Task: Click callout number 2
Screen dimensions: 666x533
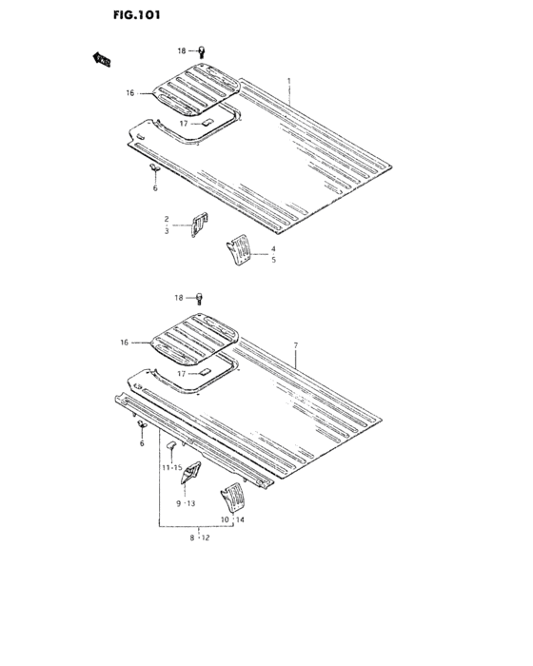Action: (x=166, y=219)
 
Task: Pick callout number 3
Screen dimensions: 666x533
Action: (x=166, y=231)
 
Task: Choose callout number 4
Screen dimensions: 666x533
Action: (x=273, y=248)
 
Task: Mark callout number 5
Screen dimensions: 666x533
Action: (x=273, y=260)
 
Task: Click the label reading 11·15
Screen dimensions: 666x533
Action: (x=171, y=467)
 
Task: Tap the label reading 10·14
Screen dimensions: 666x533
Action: (x=233, y=520)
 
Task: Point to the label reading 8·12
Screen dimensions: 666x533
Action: (x=198, y=538)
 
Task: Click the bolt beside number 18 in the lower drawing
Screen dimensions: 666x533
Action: (x=201, y=298)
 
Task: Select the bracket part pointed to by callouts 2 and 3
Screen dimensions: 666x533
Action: (x=200, y=225)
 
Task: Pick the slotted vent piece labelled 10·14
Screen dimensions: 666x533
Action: (x=232, y=498)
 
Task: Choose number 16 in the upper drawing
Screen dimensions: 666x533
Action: (x=131, y=93)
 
